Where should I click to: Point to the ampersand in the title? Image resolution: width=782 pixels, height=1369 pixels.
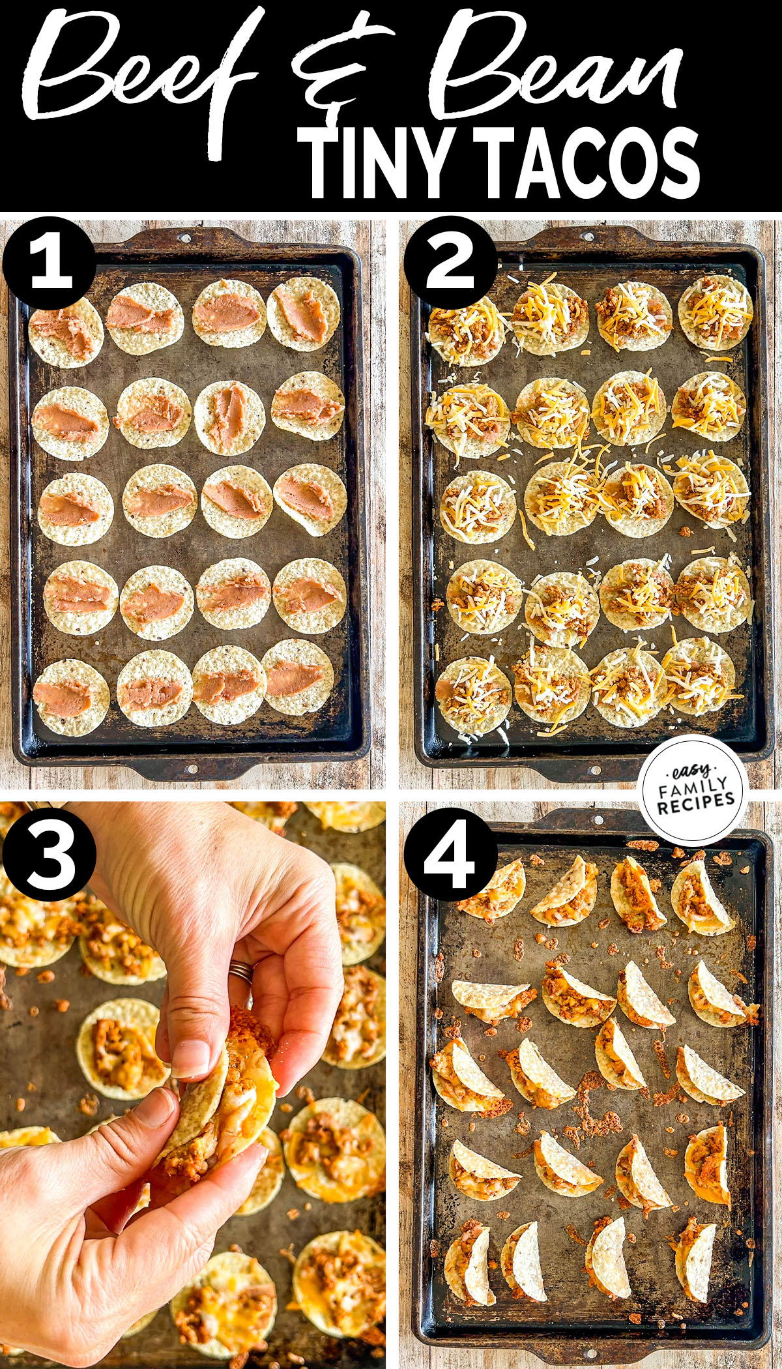pos(339,72)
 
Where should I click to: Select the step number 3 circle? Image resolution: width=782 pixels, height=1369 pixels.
pos(50,854)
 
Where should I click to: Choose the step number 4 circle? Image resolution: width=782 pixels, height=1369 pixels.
pos(450,854)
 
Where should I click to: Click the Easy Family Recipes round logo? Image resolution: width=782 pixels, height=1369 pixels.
pos(693,789)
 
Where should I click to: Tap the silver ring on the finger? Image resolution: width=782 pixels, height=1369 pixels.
pos(241,971)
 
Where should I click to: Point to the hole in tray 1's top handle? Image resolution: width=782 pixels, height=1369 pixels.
pos(185,236)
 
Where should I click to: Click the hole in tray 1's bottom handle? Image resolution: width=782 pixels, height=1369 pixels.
pos(193,769)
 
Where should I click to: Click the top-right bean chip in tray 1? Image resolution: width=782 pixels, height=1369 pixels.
pos(303,314)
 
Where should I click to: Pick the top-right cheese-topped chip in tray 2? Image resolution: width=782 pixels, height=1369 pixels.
pos(715,312)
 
